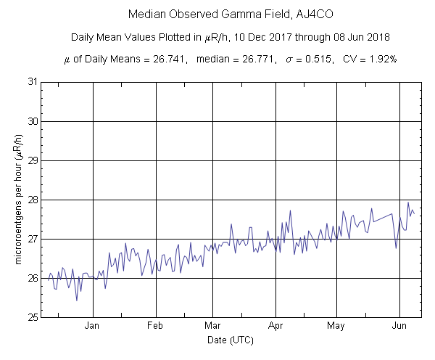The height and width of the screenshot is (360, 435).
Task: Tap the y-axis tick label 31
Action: click(33, 82)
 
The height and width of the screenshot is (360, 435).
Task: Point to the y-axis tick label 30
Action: click(33, 121)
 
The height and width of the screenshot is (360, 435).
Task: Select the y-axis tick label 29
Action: click(33, 160)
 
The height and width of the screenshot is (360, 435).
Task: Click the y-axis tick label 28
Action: click(33, 200)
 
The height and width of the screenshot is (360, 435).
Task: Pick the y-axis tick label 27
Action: click(33, 239)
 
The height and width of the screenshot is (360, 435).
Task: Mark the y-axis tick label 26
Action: click(33, 278)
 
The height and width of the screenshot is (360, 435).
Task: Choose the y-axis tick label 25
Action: click(33, 317)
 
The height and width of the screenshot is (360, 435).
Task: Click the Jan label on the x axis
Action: click(92, 326)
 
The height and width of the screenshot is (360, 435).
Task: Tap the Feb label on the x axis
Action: click(156, 326)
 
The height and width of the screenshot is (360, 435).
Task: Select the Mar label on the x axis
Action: click(212, 326)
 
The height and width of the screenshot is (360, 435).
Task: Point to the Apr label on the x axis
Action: click(275, 326)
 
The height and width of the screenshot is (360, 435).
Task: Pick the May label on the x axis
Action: click(336, 326)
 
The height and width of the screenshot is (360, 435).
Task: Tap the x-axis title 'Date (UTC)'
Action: click(228, 340)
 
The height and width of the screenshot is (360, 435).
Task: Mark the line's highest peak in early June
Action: click(408, 202)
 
